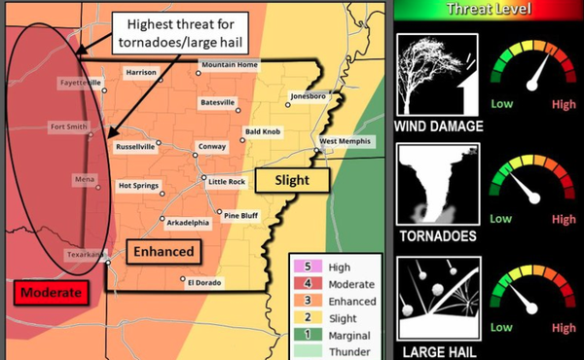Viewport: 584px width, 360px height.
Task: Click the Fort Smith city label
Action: [x=72, y=127]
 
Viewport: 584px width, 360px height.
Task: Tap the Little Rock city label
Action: [x=227, y=182]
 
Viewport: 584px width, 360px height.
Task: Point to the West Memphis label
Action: [x=347, y=141]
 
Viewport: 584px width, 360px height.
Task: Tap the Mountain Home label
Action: [x=230, y=65]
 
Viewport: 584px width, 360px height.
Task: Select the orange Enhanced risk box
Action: [x=163, y=252]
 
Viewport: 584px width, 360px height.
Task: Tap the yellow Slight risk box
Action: [x=292, y=180]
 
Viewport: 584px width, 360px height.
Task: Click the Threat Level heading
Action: [x=489, y=10]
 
